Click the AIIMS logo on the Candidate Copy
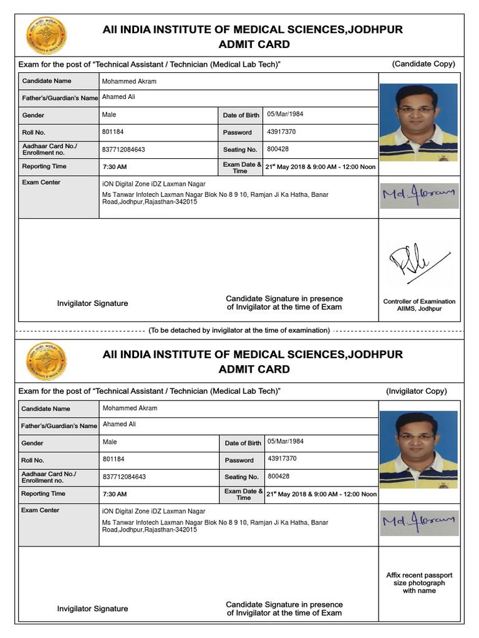pos(47,36)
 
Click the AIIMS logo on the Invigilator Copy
pos(47,361)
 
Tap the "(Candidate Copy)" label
pos(423,64)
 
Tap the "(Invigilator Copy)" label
pos(416,391)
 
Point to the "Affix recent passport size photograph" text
pos(419,583)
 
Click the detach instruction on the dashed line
pos(239,330)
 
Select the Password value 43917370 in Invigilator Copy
pos(282,459)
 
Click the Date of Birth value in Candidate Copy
pos(285,115)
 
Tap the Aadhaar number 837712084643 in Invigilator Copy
pos(124,477)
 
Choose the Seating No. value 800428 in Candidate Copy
pos(278,150)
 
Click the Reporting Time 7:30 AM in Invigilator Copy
pos(115,494)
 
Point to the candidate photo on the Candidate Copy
pos(419,123)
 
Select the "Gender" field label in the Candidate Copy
pos(33,115)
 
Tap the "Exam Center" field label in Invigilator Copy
pos(41,510)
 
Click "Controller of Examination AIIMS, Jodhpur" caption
pos(419,305)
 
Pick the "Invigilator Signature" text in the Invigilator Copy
pos(92,609)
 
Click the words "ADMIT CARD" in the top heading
pos(254,44)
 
